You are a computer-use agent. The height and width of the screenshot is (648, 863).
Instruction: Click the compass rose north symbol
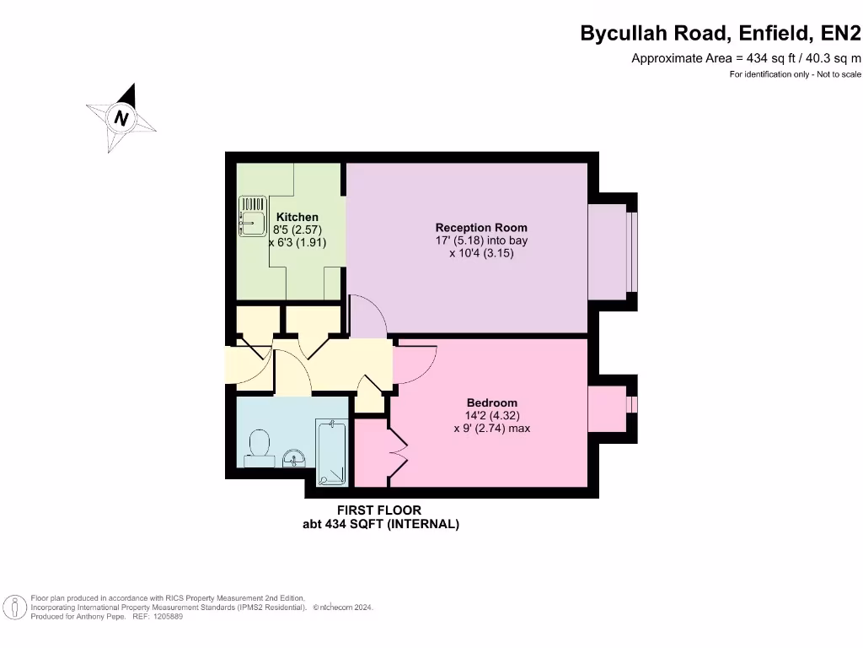point(122,118)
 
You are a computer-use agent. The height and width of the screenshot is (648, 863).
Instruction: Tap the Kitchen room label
point(297,217)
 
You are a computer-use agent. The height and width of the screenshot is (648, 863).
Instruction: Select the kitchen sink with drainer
point(252,216)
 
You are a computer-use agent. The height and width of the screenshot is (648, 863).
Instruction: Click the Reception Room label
point(480,228)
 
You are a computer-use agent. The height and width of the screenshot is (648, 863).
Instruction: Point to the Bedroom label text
point(491,402)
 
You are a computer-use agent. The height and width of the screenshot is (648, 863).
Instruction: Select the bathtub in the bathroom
point(331,451)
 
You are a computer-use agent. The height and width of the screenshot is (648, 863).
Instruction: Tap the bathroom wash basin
point(292,457)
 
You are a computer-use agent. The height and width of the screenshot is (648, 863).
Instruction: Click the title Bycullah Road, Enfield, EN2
point(721,33)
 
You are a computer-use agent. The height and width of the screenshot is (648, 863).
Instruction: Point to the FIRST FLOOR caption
point(379,510)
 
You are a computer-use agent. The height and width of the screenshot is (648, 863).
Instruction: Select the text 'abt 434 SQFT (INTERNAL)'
point(381,524)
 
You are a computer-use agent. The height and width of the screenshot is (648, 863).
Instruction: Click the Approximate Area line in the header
point(746,58)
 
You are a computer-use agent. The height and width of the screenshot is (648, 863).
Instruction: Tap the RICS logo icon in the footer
point(14,607)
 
